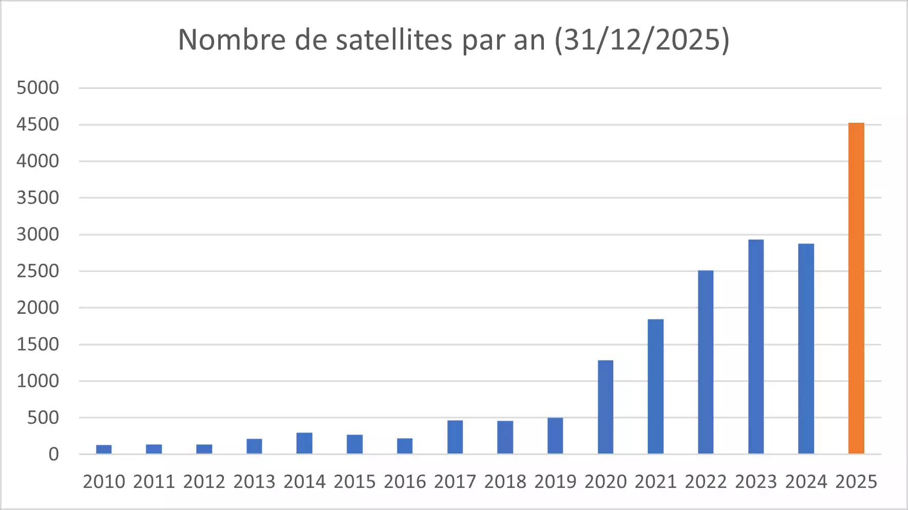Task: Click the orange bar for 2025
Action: [856, 288]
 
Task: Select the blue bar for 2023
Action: [756, 347]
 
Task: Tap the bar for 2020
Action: [606, 407]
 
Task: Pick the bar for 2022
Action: [706, 362]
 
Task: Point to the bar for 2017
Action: [455, 437]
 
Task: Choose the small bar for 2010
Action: [104, 449]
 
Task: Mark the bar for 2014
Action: [305, 443]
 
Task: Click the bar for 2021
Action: [656, 386]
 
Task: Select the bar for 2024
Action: [806, 349]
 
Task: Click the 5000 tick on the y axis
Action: [38, 88]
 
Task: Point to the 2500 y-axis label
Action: [38, 271]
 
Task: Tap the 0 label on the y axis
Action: [53, 455]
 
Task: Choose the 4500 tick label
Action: [38, 124]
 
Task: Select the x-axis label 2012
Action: [204, 482]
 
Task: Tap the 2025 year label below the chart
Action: [856, 482]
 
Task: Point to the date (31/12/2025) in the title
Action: [642, 40]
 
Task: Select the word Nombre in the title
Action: [232, 40]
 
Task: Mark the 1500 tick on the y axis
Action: [38, 345]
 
